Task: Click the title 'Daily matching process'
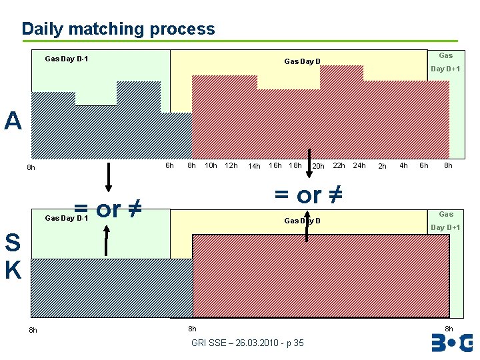pyautogui.click(x=118, y=29)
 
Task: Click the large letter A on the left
pyautogui.click(x=13, y=121)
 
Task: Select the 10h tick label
pyautogui.click(x=211, y=165)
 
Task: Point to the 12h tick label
pyautogui.click(x=231, y=165)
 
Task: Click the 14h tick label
pyautogui.click(x=253, y=166)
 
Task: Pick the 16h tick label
pyautogui.click(x=275, y=165)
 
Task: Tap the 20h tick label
pyautogui.click(x=318, y=166)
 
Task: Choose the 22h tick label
pyautogui.click(x=339, y=165)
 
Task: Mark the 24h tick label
pyautogui.click(x=359, y=165)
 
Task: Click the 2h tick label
pyautogui.click(x=382, y=166)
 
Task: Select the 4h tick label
pyautogui.click(x=403, y=165)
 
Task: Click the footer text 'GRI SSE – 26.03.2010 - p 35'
pyautogui.click(x=247, y=343)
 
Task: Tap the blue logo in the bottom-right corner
pyautogui.click(x=451, y=343)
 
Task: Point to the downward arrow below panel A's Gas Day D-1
pyautogui.click(x=109, y=177)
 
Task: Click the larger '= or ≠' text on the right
pyautogui.click(x=309, y=195)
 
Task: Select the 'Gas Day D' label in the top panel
pyautogui.click(x=302, y=62)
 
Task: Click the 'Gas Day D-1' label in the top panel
pyautogui.click(x=66, y=59)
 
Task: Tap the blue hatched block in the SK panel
pyautogui.click(x=111, y=287)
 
